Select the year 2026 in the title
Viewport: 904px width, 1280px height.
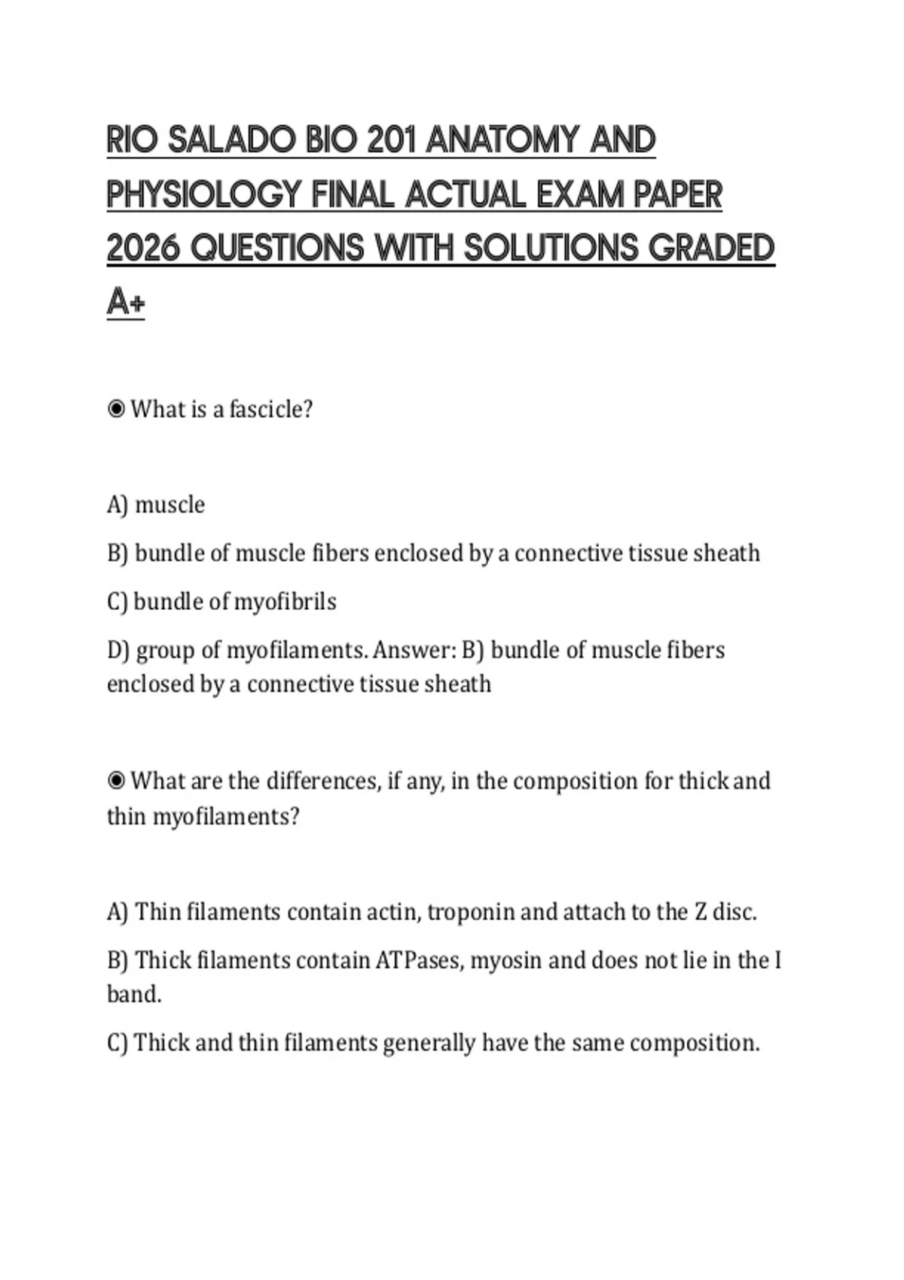pyautogui.click(x=142, y=248)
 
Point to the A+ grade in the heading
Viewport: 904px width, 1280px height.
pyautogui.click(x=125, y=303)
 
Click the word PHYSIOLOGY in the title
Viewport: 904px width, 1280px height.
pyautogui.click(x=203, y=194)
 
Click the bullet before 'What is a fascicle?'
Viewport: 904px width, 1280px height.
pyautogui.click(x=116, y=409)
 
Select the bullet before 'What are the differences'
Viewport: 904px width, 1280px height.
pyautogui.click(x=116, y=781)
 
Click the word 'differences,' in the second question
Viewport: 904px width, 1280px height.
pyautogui.click(x=324, y=781)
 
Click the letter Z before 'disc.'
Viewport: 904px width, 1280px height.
pyautogui.click(x=701, y=912)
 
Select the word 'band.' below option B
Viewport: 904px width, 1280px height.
pyautogui.click(x=134, y=994)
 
